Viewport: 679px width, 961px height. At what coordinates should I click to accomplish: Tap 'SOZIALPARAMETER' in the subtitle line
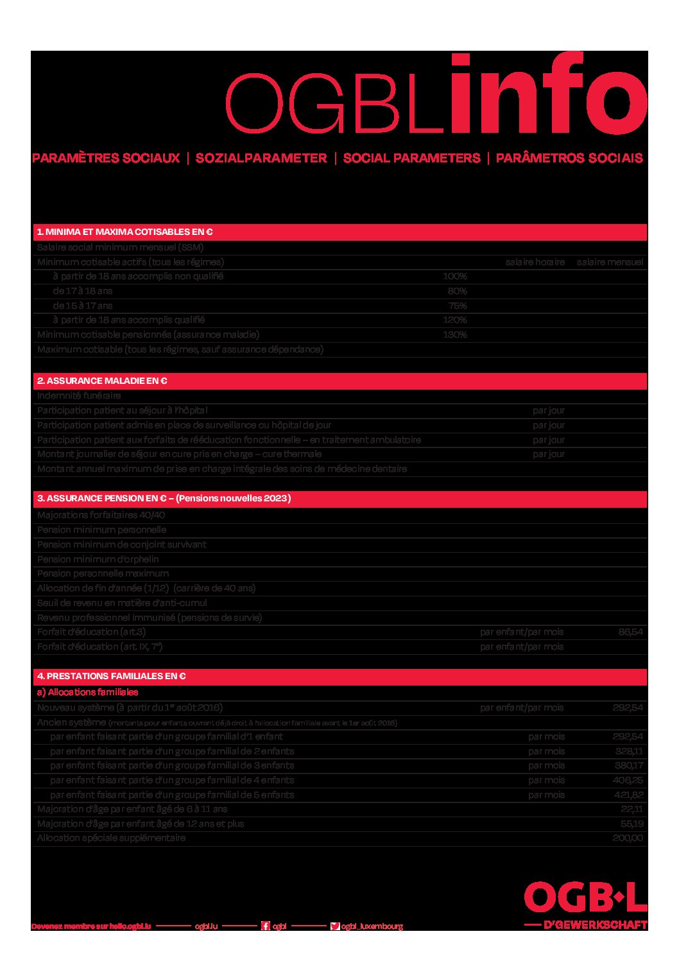point(261,158)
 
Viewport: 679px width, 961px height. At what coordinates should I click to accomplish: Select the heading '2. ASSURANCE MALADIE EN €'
point(102,381)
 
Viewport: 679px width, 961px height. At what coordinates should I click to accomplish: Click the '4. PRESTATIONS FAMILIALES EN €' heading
point(111,676)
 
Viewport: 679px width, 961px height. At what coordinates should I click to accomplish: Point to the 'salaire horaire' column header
point(535,262)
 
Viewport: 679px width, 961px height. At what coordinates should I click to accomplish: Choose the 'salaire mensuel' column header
point(610,262)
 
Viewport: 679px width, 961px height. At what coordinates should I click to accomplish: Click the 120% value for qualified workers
point(454,320)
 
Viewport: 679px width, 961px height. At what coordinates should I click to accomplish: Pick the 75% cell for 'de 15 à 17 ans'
point(457,306)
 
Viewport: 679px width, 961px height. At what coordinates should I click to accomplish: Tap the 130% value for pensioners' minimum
point(454,334)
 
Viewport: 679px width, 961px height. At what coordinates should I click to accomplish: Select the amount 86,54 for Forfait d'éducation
point(630,632)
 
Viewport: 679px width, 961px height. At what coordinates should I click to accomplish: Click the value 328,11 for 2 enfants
point(628,751)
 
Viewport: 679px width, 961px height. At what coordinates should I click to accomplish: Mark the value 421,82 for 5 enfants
point(628,795)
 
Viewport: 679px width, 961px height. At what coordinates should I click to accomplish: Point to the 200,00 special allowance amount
point(627,838)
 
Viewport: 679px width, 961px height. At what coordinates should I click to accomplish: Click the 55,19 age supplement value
point(632,824)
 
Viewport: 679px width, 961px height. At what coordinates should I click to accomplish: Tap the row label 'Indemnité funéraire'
point(79,395)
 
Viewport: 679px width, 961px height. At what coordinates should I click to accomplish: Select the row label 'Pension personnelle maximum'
point(103,573)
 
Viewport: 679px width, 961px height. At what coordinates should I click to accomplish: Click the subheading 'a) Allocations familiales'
point(87,692)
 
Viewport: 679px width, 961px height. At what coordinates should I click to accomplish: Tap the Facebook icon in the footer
point(265,926)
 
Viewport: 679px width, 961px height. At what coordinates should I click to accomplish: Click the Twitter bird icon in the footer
point(334,926)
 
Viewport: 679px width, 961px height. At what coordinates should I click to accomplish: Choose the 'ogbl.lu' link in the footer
point(206,926)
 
